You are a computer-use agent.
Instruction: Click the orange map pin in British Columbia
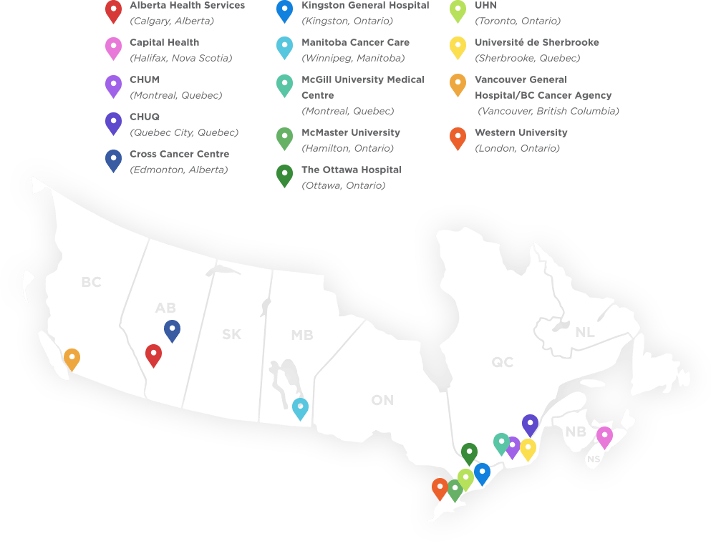[72, 358]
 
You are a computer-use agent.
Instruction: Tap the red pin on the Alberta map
[153, 354]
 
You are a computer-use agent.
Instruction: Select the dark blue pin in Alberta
[172, 330]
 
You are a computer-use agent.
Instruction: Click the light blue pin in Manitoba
[300, 408]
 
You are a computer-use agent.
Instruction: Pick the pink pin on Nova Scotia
[604, 436]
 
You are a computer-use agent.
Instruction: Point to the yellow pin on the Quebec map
[528, 449]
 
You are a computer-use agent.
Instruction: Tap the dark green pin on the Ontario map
[469, 453]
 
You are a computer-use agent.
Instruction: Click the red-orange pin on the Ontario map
[440, 488]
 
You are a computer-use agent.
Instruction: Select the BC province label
[91, 283]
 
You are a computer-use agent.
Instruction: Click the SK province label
[231, 334]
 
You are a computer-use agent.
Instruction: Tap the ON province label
[382, 400]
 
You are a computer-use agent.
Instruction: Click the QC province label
[502, 363]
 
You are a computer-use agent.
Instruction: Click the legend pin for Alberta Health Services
[113, 11]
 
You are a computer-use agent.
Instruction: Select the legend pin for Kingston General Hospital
[284, 10]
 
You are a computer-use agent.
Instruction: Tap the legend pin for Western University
[458, 137]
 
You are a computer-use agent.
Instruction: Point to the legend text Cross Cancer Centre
[179, 154]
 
